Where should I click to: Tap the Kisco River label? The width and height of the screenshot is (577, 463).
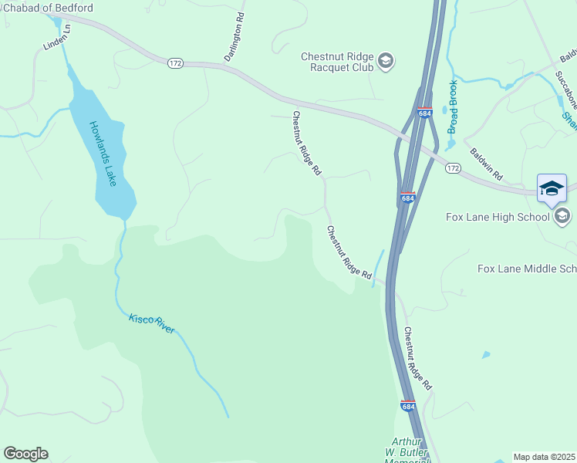point(152,323)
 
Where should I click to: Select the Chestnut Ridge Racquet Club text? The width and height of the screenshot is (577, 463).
point(337,61)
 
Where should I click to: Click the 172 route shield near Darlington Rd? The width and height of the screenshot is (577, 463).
point(175,63)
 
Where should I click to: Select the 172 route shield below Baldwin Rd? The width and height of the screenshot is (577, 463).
point(453,167)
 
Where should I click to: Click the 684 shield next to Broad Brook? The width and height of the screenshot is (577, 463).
point(424,113)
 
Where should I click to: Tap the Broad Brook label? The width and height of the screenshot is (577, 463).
point(453,106)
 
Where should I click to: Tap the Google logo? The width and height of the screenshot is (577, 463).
point(25,454)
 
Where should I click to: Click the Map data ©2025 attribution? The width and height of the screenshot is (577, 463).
point(545,457)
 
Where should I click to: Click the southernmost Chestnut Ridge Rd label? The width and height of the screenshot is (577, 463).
point(417,358)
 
